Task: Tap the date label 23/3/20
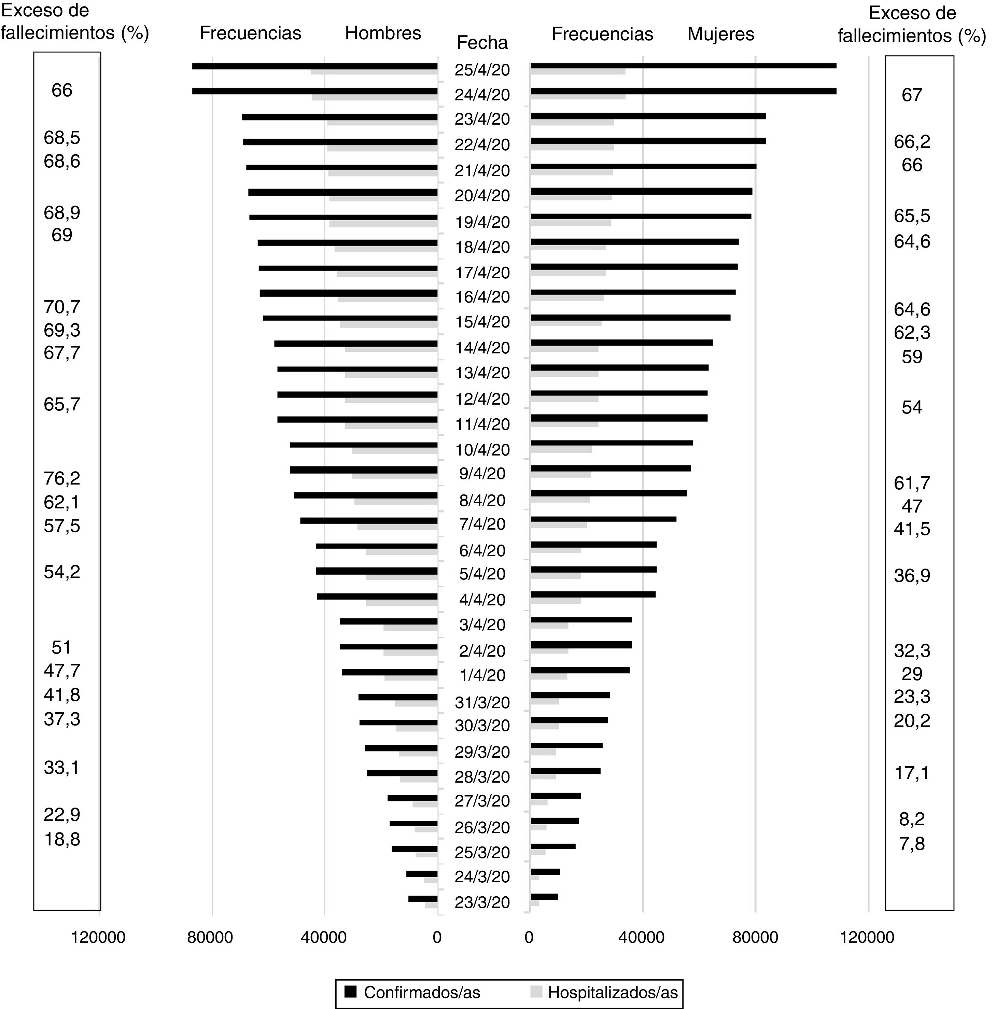click(x=481, y=902)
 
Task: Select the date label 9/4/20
click(x=481, y=474)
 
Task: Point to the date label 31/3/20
click(x=481, y=702)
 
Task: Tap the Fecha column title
click(x=481, y=43)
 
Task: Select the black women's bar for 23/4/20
click(x=648, y=116)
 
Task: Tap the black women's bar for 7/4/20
click(x=603, y=519)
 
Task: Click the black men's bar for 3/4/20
click(x=388, y=621)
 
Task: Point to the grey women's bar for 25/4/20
click(x=578, y=72)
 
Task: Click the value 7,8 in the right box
click(x=911, y=843)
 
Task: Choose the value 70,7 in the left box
click(x=61, y=307)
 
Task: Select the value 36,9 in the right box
click(x=911, y=576)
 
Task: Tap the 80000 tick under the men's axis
click(x=210, y=937)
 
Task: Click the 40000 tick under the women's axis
click(x=641, y=937)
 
